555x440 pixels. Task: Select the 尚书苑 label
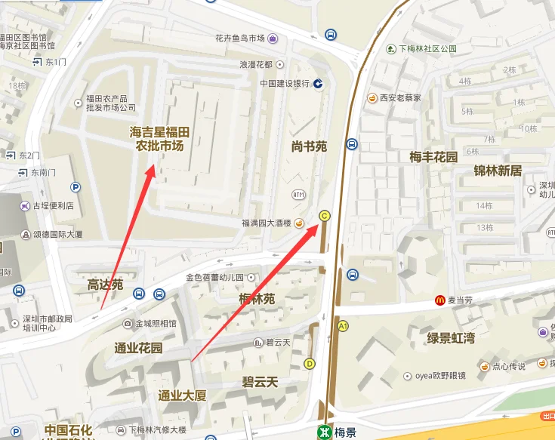(309, 146)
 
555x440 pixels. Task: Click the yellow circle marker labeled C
(325, 216)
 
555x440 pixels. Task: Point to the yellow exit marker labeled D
(309, 364)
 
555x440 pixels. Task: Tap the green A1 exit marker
(343, 326)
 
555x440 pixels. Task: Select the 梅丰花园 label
(433, 157)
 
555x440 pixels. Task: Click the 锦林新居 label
(498, 170)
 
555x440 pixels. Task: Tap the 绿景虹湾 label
(451, 337)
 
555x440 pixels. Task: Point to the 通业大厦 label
(182, 395)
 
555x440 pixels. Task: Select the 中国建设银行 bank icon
(319, 84)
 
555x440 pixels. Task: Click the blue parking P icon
(75, 187)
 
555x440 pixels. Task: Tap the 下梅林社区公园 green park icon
(390, 49)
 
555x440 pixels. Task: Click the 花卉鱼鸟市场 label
(239, 38)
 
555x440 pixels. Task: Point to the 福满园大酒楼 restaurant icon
(300, 223)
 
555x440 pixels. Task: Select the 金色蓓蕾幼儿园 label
(214, 277)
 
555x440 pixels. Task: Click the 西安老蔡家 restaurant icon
(372, 97)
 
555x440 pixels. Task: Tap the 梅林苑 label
(257, 300)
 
